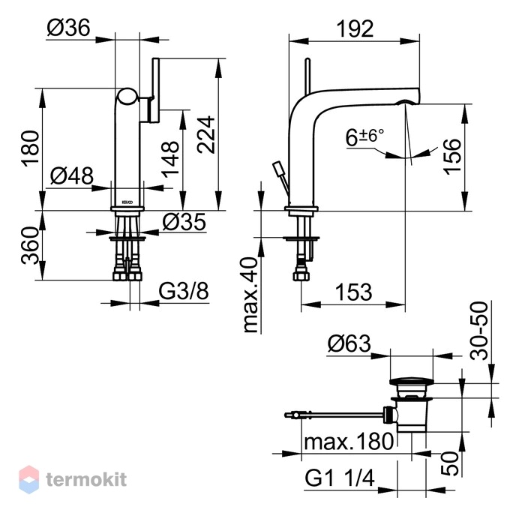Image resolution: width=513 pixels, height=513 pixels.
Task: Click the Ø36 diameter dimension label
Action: click(x=68, y=28)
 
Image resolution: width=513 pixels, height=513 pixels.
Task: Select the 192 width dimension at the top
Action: click(x=355, y=28)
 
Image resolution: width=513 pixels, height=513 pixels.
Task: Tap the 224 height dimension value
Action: click(x=206, y=134)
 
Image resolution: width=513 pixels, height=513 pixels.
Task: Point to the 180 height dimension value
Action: click(x=30, y=148)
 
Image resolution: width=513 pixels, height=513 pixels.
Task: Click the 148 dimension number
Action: click(x=170, y=159)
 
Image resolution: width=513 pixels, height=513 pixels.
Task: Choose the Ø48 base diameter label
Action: click(x=72, y=176)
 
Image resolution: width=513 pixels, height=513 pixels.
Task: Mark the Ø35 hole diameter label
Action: click(x=184, y=222)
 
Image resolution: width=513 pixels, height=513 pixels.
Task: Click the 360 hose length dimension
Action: click(x=30, y=245)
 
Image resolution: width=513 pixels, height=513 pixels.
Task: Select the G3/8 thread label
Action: click(x=184, y=291)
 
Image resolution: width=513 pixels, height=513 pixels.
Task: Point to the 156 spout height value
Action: click(x=451, y=157)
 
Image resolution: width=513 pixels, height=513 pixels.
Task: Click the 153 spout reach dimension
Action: click(x=354, y=292)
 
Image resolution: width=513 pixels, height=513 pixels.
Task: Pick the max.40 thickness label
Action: click(x=251, y=295)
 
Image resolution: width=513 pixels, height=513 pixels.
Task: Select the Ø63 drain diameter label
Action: click(x=349, y=343)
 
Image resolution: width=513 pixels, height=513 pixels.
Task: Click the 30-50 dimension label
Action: click(x=478, y=331)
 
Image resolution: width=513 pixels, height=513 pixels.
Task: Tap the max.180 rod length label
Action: click(x=349, y=441)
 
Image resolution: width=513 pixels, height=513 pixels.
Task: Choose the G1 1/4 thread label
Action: click(x=340, y=478)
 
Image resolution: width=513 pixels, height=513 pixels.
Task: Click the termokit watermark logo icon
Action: click(x=29, y=480)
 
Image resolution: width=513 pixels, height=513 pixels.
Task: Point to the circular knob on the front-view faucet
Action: click(x=127, y=97)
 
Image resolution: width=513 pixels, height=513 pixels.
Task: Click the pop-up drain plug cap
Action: click(x=411, y=382)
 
